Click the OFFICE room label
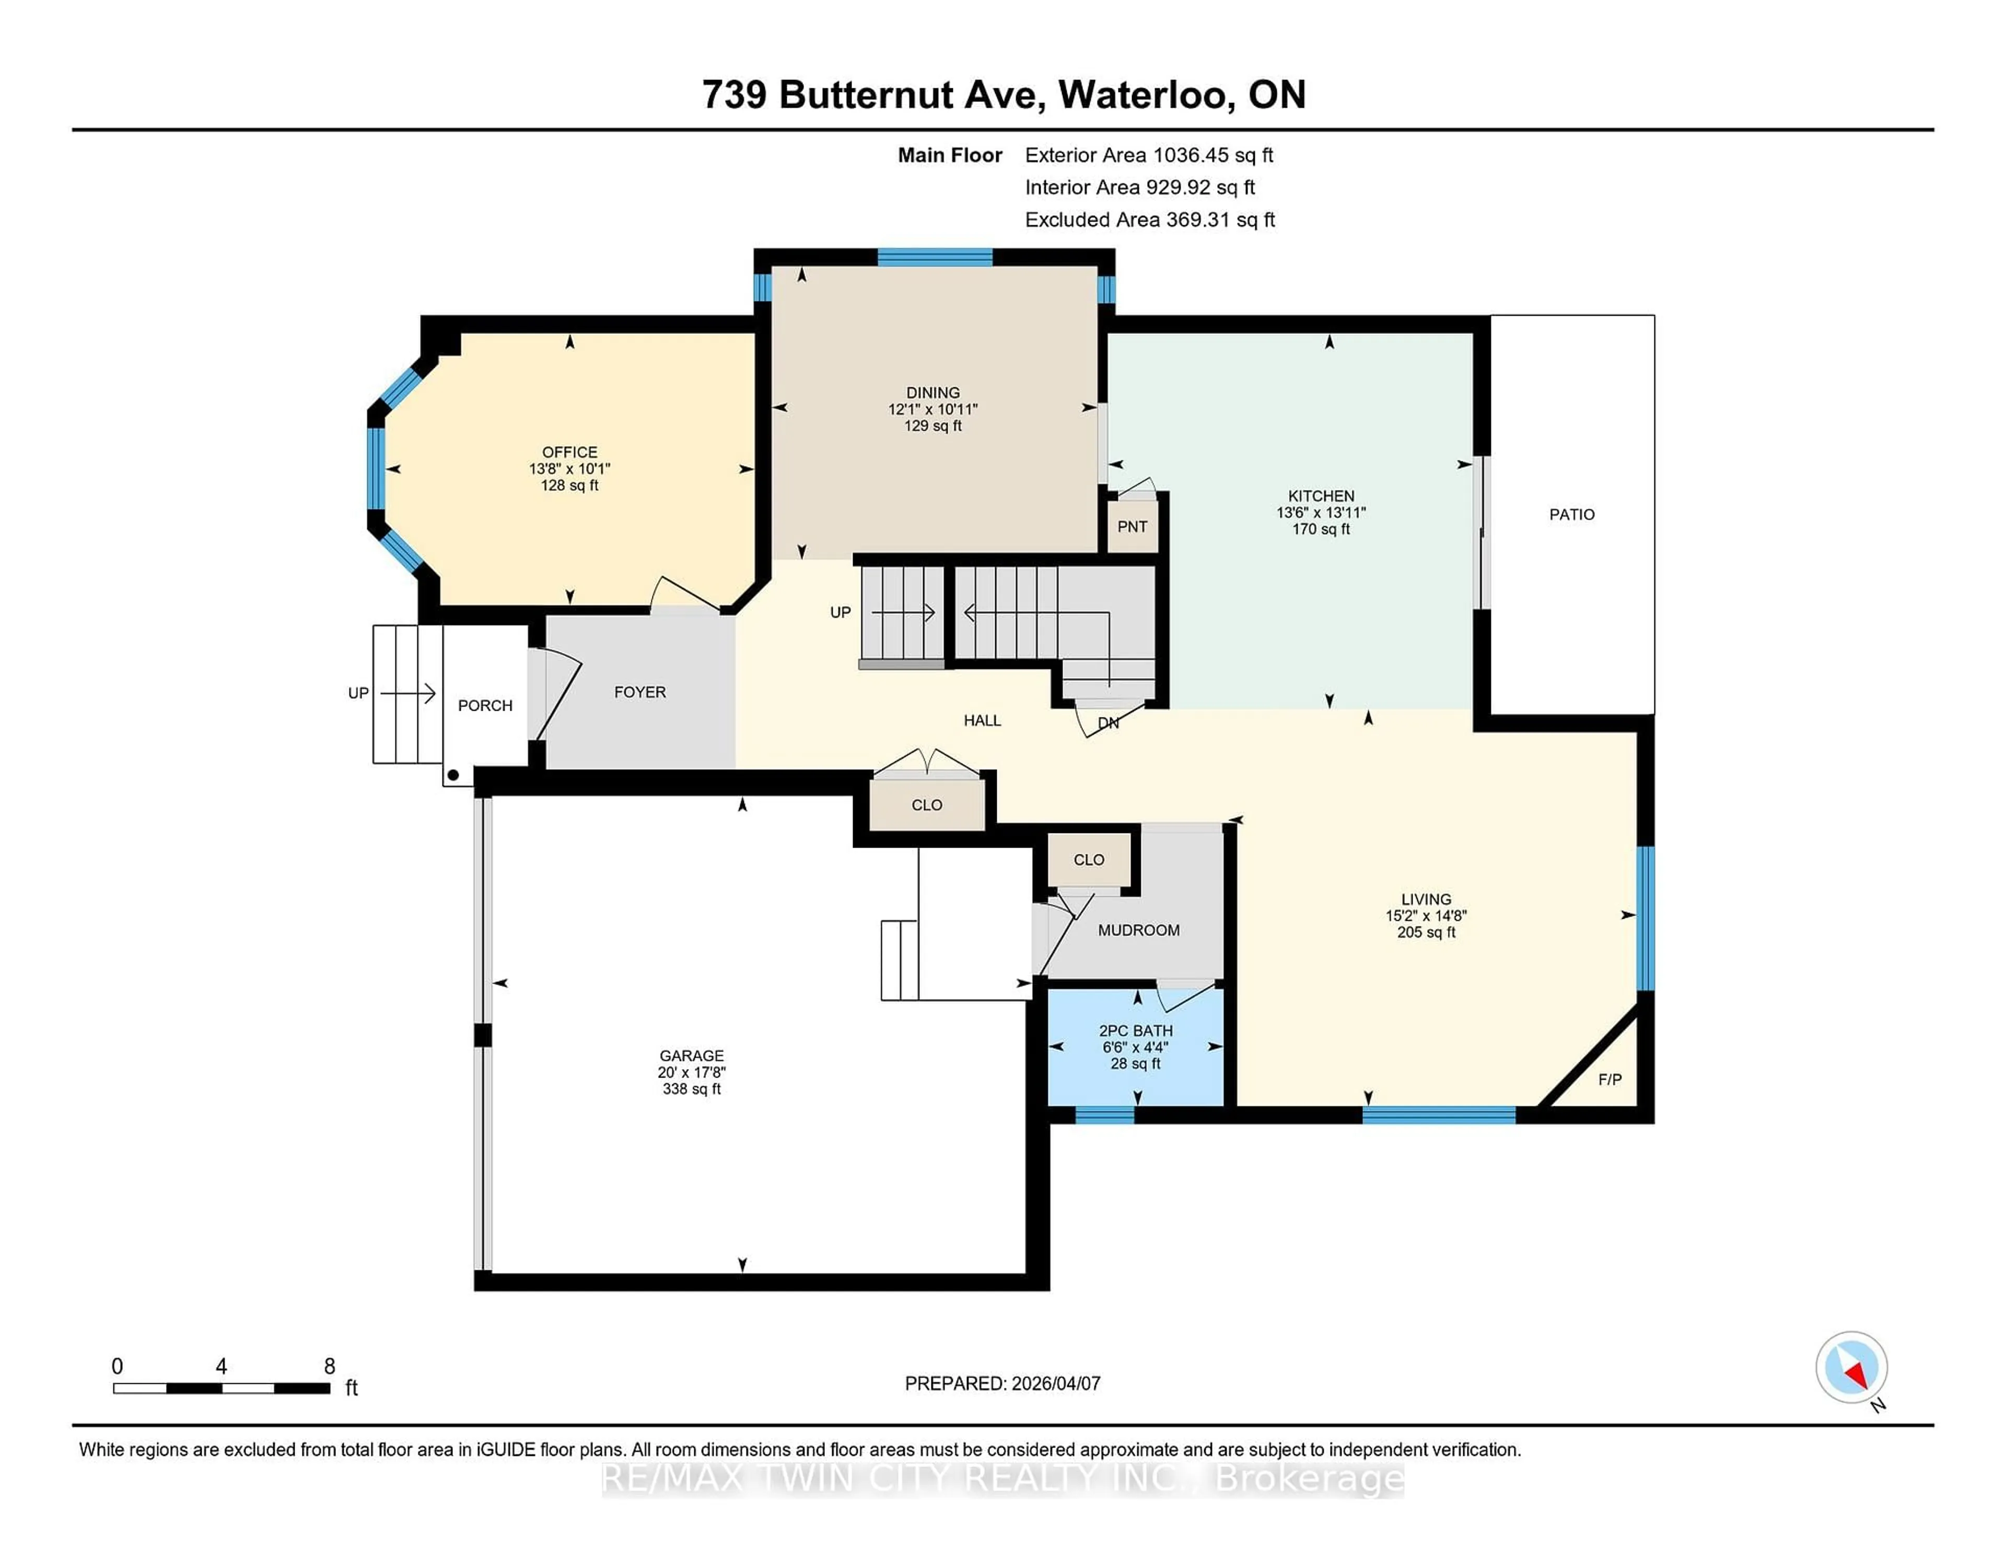[569, 452]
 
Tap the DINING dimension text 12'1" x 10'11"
[932, 409]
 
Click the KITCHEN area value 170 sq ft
[1321, 529]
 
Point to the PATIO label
[1571, 515]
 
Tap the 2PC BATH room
[1136, 1047]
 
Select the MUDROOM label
[1138, 930]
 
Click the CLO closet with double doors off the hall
[927, 805]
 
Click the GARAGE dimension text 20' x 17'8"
[692, 1072]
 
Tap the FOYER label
[640, 692]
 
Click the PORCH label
[485, 705]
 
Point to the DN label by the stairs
[1109, 723]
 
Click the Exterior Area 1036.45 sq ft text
[1148, 155]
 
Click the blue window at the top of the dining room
[934, 257]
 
